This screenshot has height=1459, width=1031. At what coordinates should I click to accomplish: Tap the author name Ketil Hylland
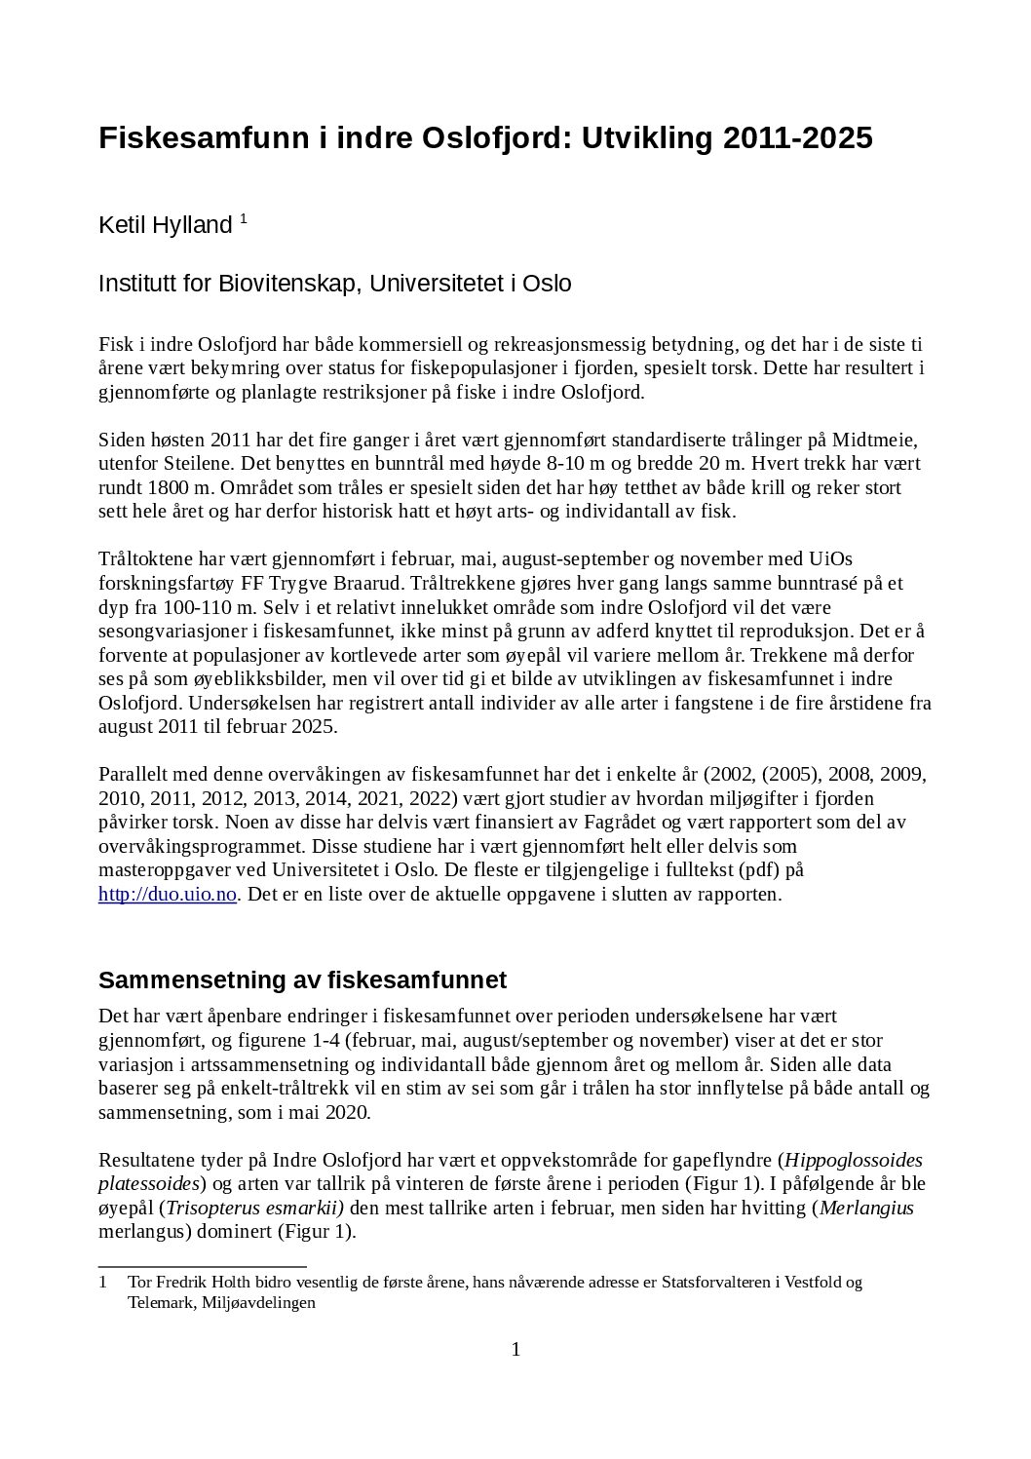pyautogui.click(x=166, y=225)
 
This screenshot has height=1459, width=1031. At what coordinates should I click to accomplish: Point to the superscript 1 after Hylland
pyautogui.click(x=243, y=219)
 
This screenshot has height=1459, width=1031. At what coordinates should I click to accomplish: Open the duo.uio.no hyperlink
pyautogui.click(x=168, y=894)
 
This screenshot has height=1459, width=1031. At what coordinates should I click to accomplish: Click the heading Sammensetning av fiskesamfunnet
pyautogui.click(x=302, y=979)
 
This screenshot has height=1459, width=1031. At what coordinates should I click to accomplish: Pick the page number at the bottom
pyautogui.click(x=515, y=1350)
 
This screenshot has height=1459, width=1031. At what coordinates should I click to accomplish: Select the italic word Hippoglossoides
pyautogui.click(x=854, y=1161)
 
